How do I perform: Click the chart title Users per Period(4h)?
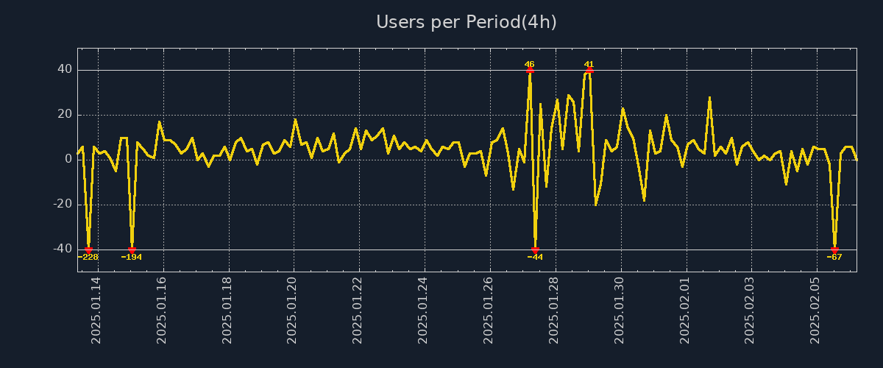[x=467, y=22]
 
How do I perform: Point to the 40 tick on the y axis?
[x=65, y=70]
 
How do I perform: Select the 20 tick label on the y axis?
[x=65, y=115]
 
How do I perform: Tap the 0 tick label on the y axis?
[x=68, y=160]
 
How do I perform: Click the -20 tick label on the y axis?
[x=63, y=205]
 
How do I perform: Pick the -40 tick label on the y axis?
[x=63, y=250]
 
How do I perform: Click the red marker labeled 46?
[x=530, y=70]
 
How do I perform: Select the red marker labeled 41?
[x=589, y=70]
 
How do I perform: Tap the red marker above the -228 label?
[x=88, y=250]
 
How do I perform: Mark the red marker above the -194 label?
[x=132, y=250]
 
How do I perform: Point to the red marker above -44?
[x=535, y=250]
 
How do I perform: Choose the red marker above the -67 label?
[x=834, y=250]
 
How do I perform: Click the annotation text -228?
[x=88, y=257]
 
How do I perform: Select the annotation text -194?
[x=132, y=257]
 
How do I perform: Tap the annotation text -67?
[x=834, y=257]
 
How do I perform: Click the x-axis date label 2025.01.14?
[x=96, y=310]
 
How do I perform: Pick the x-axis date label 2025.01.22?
[x=358, y=310]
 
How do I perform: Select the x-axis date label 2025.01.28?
[x=553, y=310]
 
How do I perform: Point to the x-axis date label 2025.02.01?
[x=684, y=310]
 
